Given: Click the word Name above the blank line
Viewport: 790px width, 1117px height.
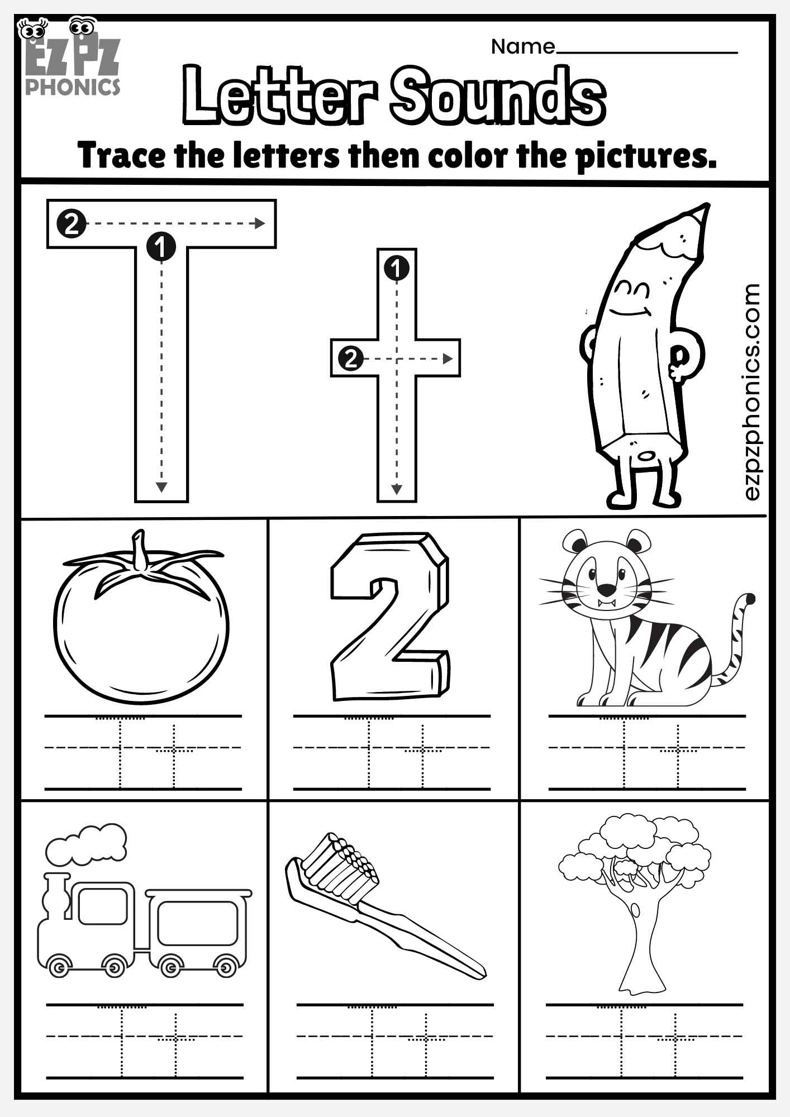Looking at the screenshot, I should (522, 47).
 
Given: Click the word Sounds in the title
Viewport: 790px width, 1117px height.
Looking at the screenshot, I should (497, 95).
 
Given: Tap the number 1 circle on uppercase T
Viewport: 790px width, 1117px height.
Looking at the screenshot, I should (161, 246).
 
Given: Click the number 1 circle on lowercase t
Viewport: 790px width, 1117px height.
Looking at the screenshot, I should (397, 269).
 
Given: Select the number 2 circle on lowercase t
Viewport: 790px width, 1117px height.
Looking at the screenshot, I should (350, 358).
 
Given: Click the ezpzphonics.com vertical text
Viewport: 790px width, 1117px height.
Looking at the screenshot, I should (752, 391).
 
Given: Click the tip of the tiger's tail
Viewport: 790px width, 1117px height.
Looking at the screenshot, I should (750, 599).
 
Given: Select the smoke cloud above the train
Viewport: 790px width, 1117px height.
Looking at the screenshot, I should (87, 844).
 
